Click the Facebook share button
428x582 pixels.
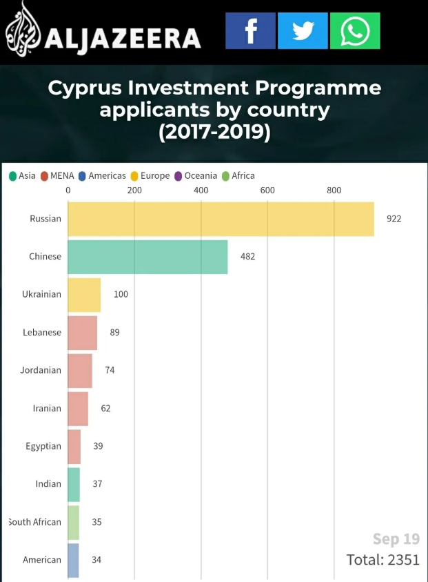point(250,31)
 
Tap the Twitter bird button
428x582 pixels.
point(303,31)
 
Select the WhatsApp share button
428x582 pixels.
point(355,31)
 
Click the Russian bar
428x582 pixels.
point(221,219)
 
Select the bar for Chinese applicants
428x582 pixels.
point(147,257)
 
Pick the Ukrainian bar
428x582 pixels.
point(84,295)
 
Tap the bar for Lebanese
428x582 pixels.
point(82,333)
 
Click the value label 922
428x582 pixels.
point(394,219)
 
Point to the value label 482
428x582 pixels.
point(247,257)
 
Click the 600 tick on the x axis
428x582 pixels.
point(267,191)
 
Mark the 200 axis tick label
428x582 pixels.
point(134,191)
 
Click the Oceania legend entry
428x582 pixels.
point(196,176)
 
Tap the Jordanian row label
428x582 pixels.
point(41,370)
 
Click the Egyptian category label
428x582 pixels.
point(43,446)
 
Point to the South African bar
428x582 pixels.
point(73,523)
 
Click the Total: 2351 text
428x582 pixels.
point(383,559)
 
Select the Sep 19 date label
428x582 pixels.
point(396,539)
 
